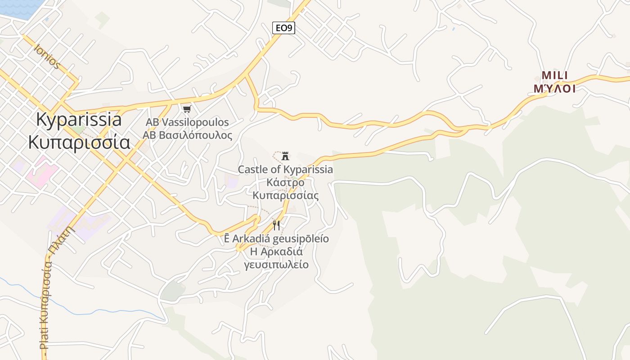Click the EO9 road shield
click(x=283, y=28)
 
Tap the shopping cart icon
click(x=187, y=109)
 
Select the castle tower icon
click(x=285, y=156)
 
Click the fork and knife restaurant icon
click(x=276, y=225)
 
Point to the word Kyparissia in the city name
click(x=79, y=120)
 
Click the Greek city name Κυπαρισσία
click(x=79, y=142)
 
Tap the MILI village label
click(x=554, y=75)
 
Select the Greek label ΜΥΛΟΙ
click(x=554, y=89)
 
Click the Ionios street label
click(x=47, y=56)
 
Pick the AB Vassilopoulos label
click(x=187, y=122)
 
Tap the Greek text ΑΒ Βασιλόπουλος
click(x=187, y=135)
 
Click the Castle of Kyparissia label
click(x=285, y=170)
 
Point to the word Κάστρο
click(x=285, y=183)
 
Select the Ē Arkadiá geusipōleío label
click(x=276, y=238)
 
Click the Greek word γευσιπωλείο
click(x=276, y=265)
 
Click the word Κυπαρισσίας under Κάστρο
click(x=285, y=196)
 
